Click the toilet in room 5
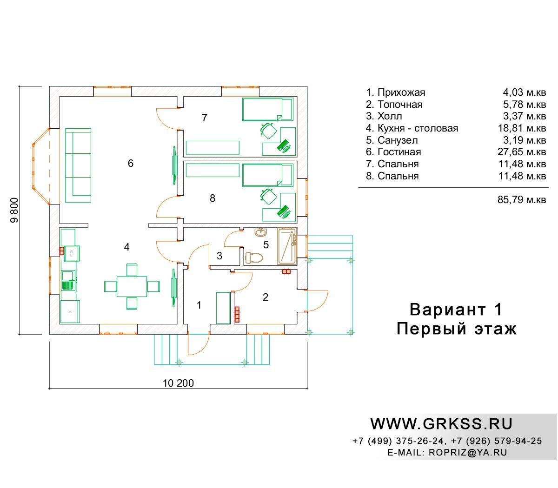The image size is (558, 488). [x=253, y=257]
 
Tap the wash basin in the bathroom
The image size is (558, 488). [x=261, y=232]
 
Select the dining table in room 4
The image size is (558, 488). [x=132, y=286]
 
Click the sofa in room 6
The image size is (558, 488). [x=78, y=165]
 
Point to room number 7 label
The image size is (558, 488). [x=205, y=118]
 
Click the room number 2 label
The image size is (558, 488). [x=265, y=297]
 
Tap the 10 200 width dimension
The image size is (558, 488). [x=178, y=383]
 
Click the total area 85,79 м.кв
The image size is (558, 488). [x=521, y=199]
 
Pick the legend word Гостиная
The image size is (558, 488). [x=399, y=152]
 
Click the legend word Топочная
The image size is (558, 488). [x=400, y=105]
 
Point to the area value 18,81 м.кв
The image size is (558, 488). [x=522, y=128]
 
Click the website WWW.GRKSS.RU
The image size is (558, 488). [x=441, y=424]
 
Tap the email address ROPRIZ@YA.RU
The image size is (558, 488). [x=467, y=452]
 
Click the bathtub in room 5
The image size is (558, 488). [x=287, y=246]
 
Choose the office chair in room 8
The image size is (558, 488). [x=268, y=197]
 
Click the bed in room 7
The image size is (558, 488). [x=267, y=109]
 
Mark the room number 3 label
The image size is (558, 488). [x=219, y=256]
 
